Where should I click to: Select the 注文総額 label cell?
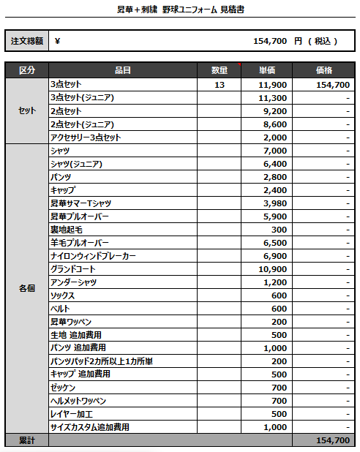(26, 41)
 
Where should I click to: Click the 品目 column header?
(123, 70)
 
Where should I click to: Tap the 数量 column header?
(220, 70)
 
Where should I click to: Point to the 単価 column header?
(267, 70)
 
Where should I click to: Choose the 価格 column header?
(323, 70)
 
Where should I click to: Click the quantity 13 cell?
(220, 85)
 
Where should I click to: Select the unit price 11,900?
(272, 85)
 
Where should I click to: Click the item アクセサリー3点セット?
(85, 138)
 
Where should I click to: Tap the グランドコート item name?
(73, 269)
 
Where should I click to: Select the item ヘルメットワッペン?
(78, 401)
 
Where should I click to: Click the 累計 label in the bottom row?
(26, 440)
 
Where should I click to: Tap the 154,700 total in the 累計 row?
(332, 440)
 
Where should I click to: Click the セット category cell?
(26, 111)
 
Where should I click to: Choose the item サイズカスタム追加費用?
(89, 427)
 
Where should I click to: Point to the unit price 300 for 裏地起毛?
(279, 230)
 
